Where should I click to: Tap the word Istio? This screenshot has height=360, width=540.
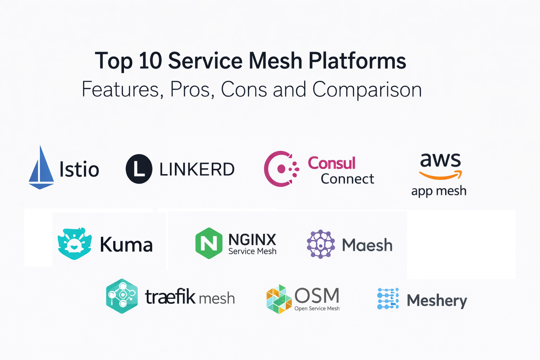(79, 169)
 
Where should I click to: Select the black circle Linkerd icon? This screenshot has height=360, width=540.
(139, 169)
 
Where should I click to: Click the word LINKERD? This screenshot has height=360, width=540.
(197, 169)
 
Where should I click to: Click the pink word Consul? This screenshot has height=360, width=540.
(332, 163)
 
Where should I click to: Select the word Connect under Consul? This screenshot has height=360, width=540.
(347, 179)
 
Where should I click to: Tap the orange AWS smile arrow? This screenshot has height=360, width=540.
(441, 175)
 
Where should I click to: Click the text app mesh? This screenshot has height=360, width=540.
(439, 191)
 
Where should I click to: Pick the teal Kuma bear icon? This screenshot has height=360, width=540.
(75, 244)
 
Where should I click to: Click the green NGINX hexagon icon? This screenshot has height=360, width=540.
(209, 243)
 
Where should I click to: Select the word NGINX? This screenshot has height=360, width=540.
(252, 240)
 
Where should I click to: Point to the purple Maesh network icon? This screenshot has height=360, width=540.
(321, 244)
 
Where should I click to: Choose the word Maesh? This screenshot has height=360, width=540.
(367, 245)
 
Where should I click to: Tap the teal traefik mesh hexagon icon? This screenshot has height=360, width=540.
(122, 296)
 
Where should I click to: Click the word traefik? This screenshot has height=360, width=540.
(170, 297)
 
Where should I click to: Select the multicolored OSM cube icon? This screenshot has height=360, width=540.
(279, 299)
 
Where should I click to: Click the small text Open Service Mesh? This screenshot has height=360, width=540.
(317, 308)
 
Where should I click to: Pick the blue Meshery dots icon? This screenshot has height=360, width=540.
(388, 298)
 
